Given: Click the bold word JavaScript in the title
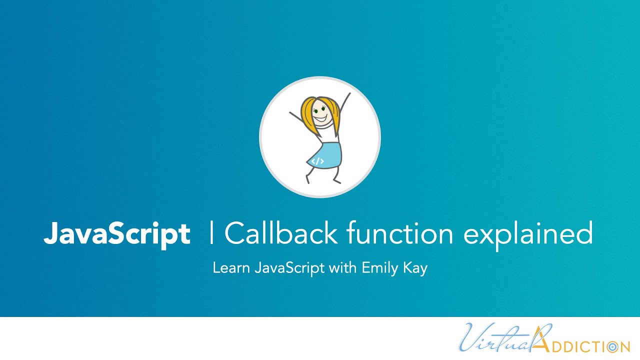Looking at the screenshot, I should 116,233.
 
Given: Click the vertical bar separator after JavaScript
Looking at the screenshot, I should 212,233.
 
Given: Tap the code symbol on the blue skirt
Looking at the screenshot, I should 317,161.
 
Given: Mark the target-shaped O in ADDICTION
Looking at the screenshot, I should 611,346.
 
